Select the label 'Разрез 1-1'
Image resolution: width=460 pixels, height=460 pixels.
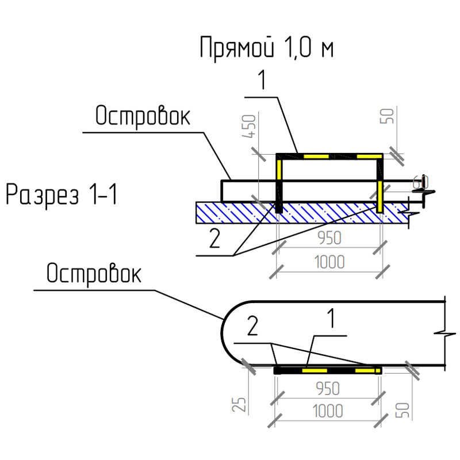62,195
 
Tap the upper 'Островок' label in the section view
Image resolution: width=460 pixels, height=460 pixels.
142,117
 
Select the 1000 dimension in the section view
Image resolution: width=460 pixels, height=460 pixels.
329,262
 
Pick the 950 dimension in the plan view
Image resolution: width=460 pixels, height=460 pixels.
328,388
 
